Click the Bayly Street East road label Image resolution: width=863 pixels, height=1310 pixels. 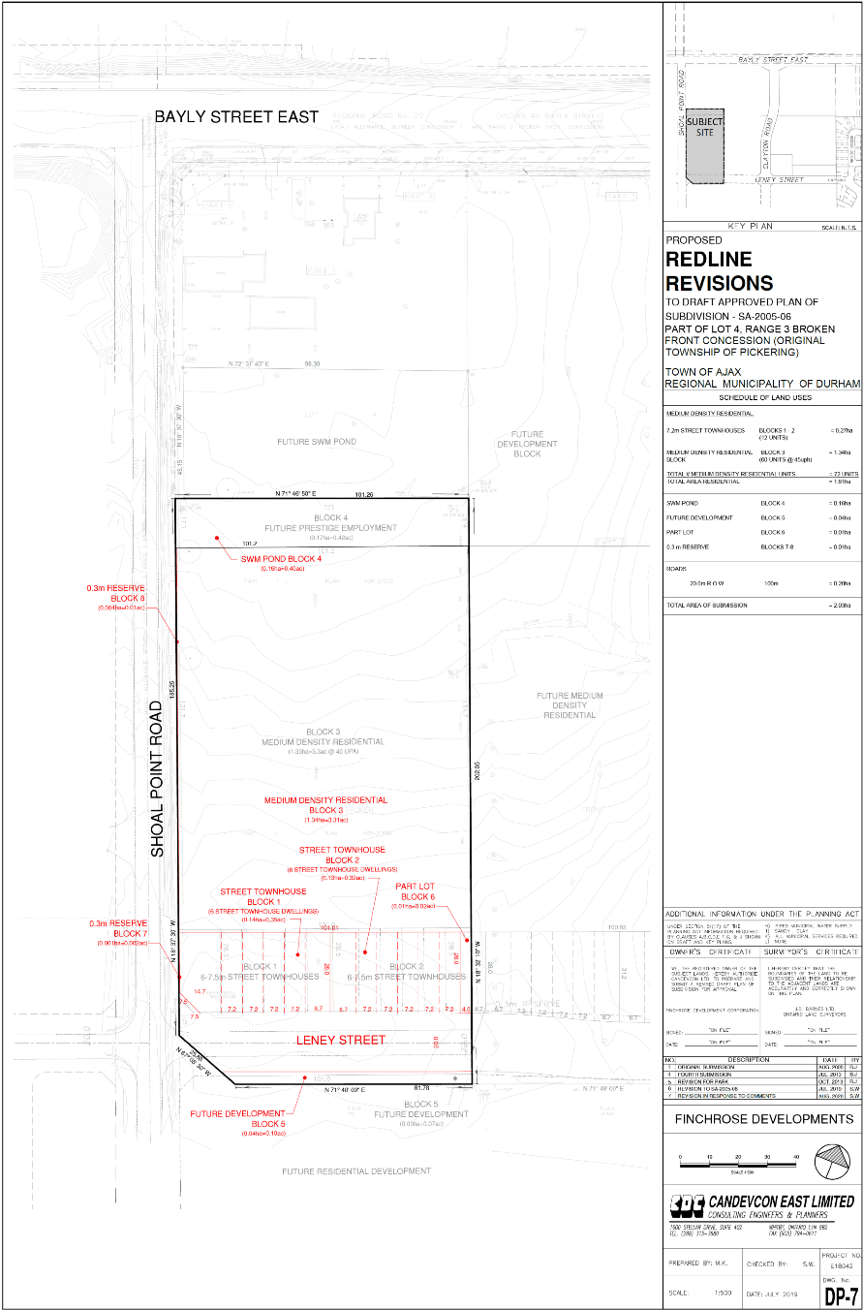click(236, 117)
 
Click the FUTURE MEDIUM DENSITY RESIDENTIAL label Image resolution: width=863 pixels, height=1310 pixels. click(570, 705)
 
